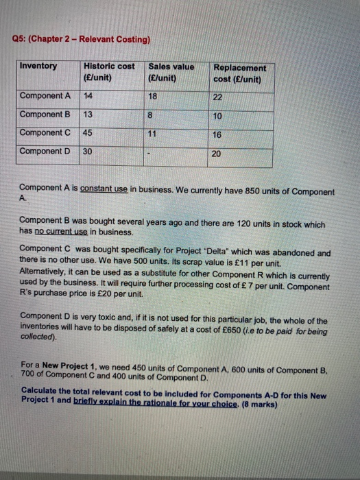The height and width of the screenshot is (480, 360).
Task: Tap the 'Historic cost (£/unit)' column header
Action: click(109, 72)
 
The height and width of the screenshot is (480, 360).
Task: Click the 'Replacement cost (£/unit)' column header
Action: click(240, 73)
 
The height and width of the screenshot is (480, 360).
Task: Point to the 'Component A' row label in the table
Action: click(45, 95)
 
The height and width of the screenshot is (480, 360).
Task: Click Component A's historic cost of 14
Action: click(88, 95)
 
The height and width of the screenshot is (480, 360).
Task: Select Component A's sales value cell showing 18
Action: click(153, 97)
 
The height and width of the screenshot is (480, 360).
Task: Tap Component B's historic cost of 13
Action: click(88, 114)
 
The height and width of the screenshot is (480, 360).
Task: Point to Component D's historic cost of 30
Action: click(87, 151)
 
